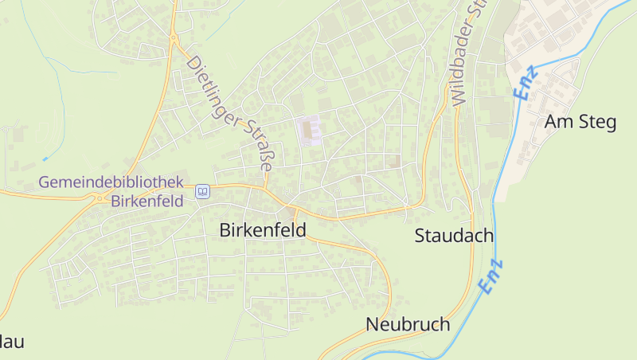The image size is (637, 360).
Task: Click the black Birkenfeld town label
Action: [x=262, y=229]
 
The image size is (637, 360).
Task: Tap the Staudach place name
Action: [x=454, y=236]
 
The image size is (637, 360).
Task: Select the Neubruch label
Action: [x=408, y=324]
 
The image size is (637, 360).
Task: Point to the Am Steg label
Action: [x=580, y=122]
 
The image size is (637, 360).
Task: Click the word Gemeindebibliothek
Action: [x=111, y=182]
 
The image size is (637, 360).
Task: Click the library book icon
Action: [x=203, y=191]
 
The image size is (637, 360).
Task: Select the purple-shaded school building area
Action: [x=309, y=130]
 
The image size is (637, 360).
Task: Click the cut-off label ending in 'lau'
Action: [x=11, y=342]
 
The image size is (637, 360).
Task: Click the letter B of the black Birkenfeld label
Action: [x=225, y=229]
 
